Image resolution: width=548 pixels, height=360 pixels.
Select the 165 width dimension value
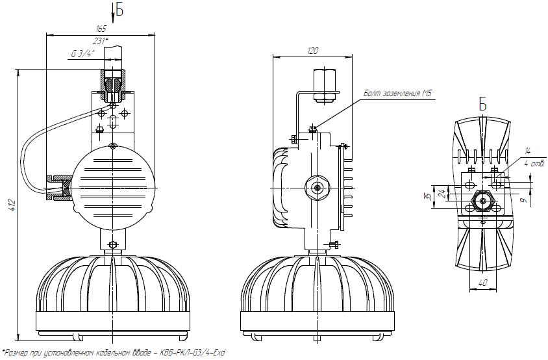pos(101,29)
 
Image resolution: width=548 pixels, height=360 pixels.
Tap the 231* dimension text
pos(100,41)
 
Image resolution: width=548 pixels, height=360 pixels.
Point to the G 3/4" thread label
pos(83,53)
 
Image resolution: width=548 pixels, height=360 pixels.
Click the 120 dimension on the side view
pos(312,51)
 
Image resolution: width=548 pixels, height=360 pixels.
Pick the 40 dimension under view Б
pos(482,283)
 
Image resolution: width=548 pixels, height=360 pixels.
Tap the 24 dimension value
pos(444,194)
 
